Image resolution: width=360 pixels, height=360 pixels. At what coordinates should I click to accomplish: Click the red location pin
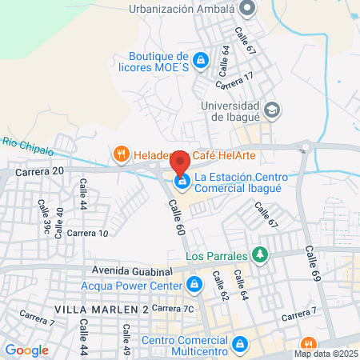(x=181, y=162)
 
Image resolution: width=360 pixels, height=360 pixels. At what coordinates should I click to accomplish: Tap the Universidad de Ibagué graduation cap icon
(x=271, y=110)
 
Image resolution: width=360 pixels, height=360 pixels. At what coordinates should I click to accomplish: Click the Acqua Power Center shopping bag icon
(x=194, y=284)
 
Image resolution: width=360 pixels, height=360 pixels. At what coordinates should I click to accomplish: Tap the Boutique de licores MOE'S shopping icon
(x=201, y=60)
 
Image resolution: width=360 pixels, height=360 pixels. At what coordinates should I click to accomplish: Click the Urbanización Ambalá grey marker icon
(x=246, y=9)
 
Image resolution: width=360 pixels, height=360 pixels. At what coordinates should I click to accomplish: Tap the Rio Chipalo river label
(x=28, y=146)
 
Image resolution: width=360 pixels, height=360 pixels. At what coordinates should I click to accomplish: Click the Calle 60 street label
(x=177, y=218)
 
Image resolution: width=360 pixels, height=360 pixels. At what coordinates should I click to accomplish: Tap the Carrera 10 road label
(x=87, y=233)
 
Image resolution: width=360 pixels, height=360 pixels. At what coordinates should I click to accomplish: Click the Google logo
(x=26, y=350)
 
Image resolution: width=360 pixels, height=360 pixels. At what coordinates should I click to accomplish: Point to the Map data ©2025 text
(x=326, y=354)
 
